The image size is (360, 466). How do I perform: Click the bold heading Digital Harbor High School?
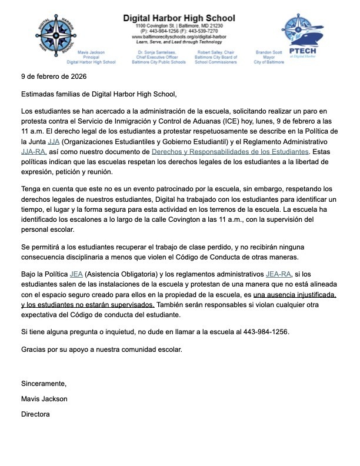[179, 18]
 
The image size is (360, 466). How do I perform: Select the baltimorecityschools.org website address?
[179, 36]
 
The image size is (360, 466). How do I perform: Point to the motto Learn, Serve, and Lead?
[179, 42]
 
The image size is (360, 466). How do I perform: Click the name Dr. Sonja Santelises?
[154, 52]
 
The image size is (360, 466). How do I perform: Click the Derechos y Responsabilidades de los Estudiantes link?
[230, 151]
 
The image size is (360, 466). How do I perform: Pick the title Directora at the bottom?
[35, 414]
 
